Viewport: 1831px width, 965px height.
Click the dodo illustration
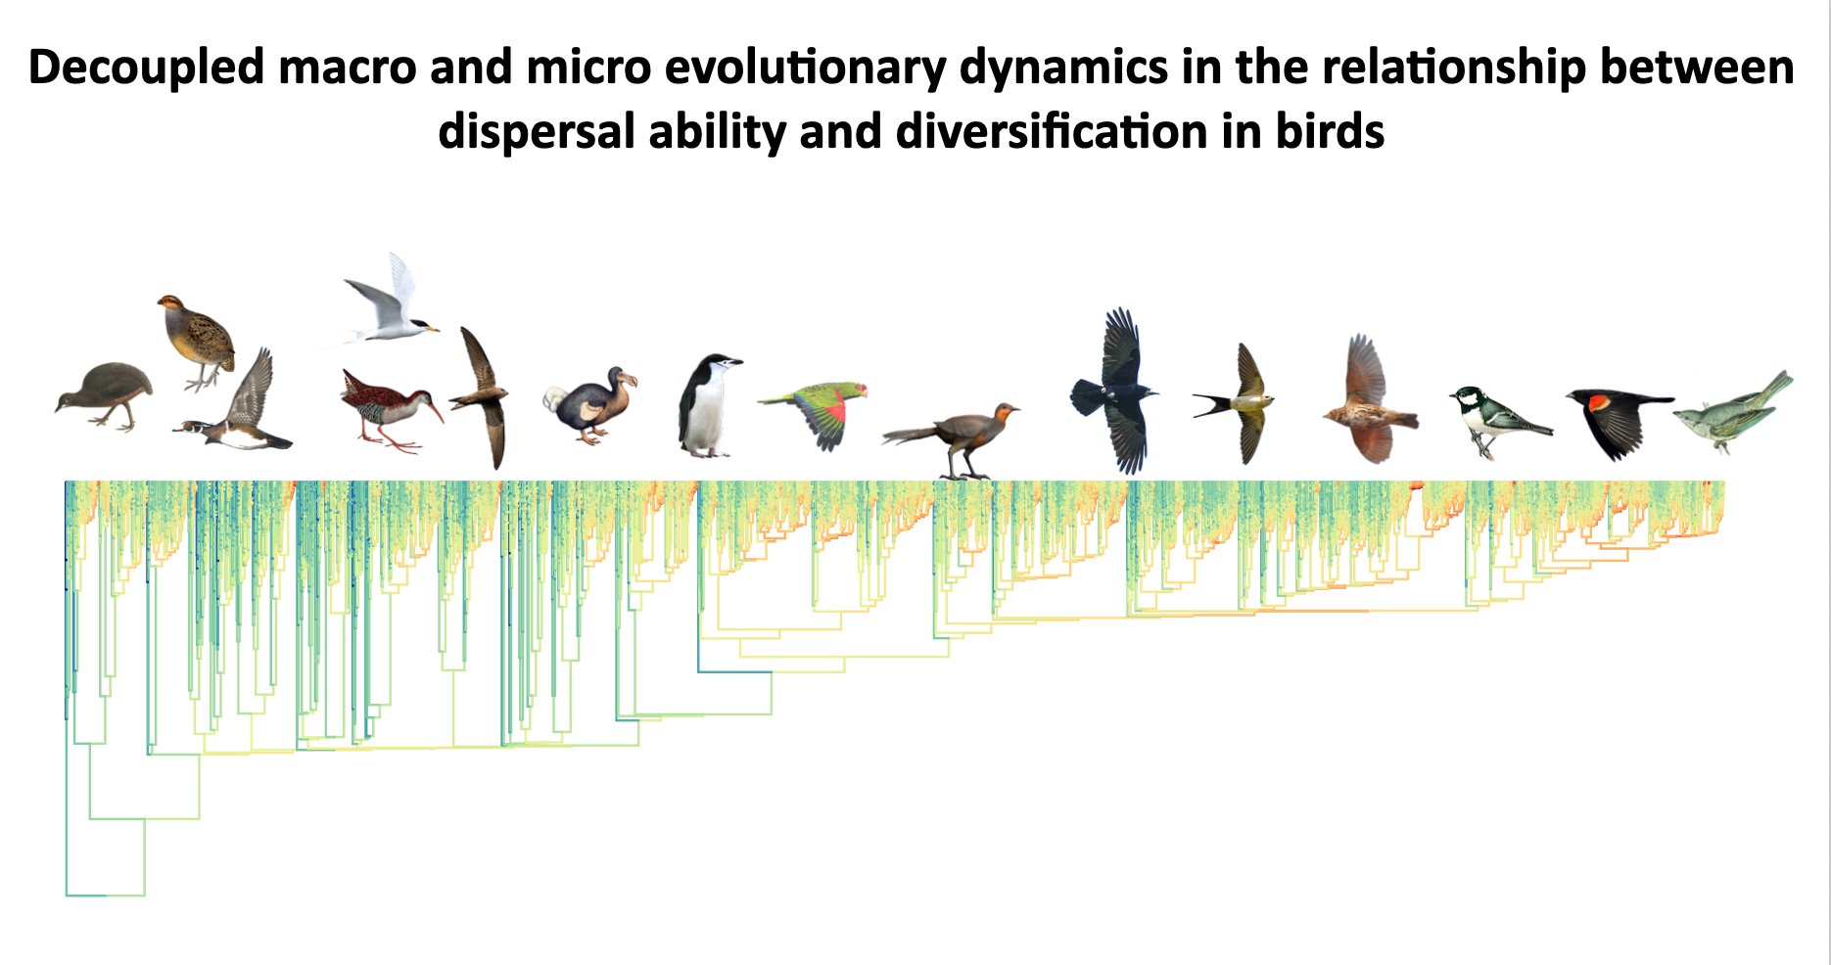589,405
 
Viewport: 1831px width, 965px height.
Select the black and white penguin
707,405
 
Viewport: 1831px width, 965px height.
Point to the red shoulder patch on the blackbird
1598,401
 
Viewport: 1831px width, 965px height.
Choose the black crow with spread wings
1115,391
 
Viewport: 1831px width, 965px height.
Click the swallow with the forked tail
1236,402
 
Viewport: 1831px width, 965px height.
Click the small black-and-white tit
1498,421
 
